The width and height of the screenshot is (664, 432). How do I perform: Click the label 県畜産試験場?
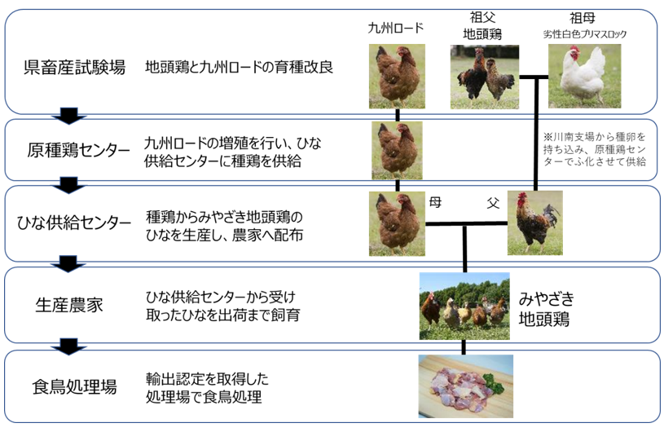pyautogui.click(x=74, y=68)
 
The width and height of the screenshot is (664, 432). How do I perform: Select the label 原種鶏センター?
pyautogui.click(x=78, y=150)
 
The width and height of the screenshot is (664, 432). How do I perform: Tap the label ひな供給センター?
pyautogui.click(x=73, y=223)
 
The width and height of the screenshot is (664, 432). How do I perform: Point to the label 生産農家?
pyautogui.click(x=69, y=305)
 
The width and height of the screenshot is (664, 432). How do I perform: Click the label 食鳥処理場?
pyautogui.click(x=74, y=386)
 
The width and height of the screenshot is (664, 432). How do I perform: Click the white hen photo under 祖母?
pyautogui.click(x=584, y=77)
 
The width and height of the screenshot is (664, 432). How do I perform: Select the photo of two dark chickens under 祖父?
pyautogui.click(x=485, y=77)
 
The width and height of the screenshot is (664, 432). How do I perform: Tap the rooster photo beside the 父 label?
pyautogui.click(x=535, y=223)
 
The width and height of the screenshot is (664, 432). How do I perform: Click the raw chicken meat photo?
pyautogui.click(x=466, y=386)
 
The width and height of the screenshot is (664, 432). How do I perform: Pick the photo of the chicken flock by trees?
pyautogui.click(x=464, y=306)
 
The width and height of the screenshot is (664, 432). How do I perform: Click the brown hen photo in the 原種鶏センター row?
pyautogui.click(x=397, y=150)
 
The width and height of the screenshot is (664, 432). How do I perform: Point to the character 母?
pyautogui.click(x=435, y=202)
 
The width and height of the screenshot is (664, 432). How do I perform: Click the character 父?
pyautogui.click(x=493, y=203)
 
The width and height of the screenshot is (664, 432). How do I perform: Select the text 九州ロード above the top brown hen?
pyautogui.click(x=395, y=28)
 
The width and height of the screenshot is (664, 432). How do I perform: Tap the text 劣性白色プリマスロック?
pyautogui.click(x=585, y=34)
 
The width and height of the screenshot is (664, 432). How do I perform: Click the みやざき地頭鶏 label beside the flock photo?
pyautogui.click(x=547, y=309)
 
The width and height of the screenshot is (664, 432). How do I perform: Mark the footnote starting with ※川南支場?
pyautogui.click(x=595, y=149)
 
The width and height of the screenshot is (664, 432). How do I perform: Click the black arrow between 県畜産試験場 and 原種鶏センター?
pyautogui.click(x=69, y=116)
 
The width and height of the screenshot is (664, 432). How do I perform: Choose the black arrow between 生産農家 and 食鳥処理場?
pyautogui.click(x=68, y=346)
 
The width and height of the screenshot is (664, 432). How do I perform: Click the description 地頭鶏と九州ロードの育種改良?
pyautogui.click(x=240, y=67)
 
